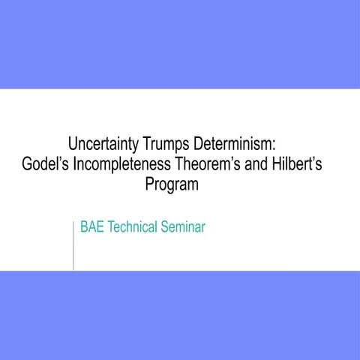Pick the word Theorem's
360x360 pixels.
tap(211, 163)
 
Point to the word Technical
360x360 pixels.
tap(131, 226)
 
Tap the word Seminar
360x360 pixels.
tap(181, 226)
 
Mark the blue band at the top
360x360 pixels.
tap(180, 44)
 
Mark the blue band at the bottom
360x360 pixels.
tap(180, 315)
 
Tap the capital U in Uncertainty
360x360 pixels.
tap(73, 142)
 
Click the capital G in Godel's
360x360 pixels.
tap(28, 163)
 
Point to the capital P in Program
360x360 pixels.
tap(149, 184)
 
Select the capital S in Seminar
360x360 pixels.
tap(163, 226)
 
